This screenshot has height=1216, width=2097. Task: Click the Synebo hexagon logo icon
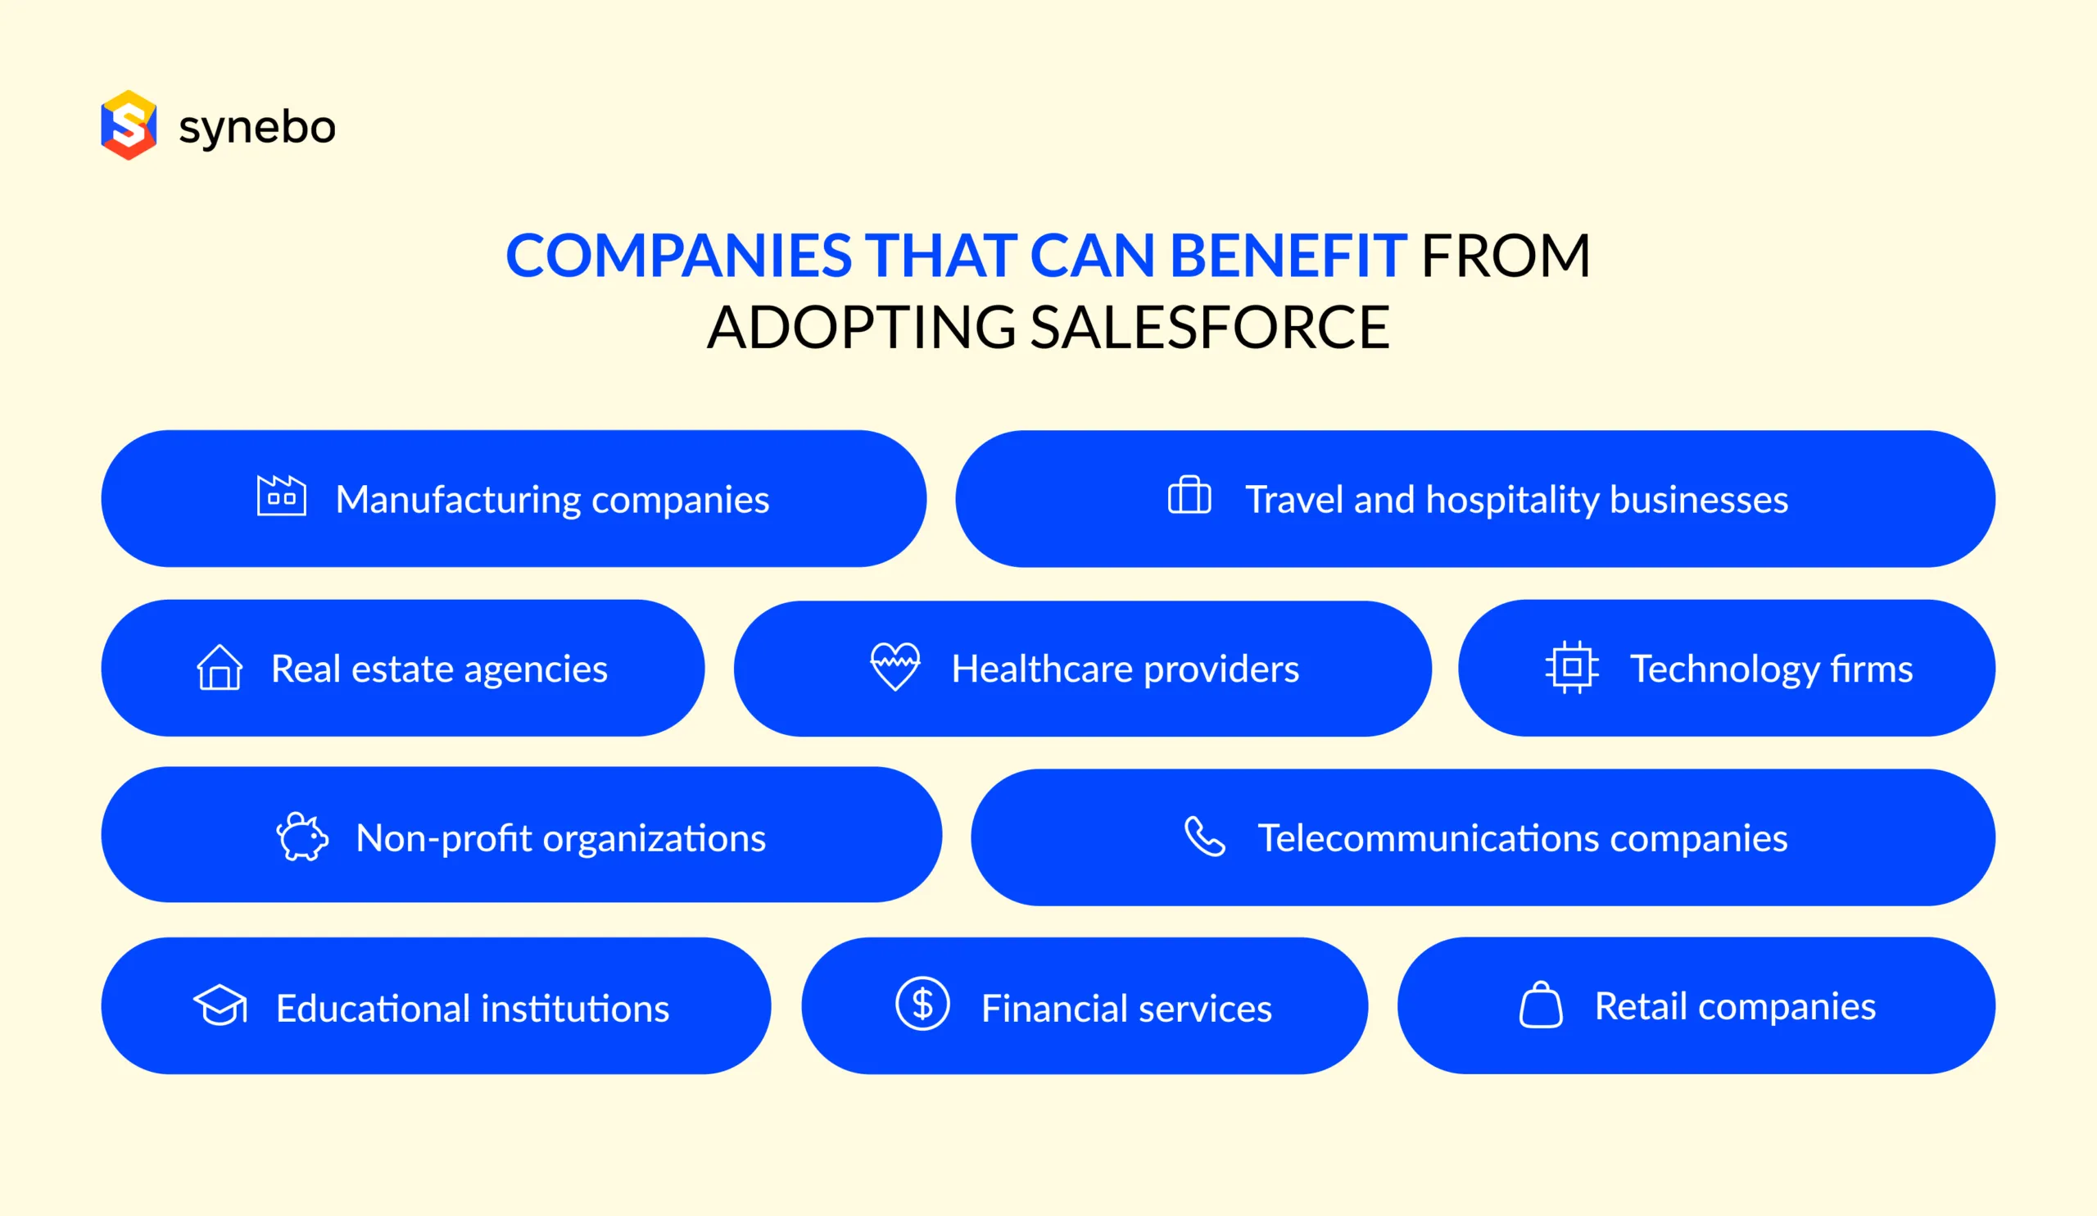pos(129,125)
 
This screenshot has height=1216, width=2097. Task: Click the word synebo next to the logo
pos(257,127)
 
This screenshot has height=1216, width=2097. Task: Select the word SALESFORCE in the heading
pos(1209,327)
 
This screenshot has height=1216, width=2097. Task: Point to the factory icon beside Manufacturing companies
pos(281,497)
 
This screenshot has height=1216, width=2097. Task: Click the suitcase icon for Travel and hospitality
pos(1189,496)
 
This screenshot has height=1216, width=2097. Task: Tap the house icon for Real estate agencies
pos(220,668)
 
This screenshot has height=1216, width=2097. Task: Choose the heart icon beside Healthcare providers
pos(895,667)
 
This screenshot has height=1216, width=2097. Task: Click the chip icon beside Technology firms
pos(1571,668)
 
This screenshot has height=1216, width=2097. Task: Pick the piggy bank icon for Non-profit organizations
pos(302,837)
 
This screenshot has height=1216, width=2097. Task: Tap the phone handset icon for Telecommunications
pos(1204,837)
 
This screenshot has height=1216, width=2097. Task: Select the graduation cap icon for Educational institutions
pos(220,1005)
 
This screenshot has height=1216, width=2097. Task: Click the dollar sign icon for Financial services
pos(922,1004)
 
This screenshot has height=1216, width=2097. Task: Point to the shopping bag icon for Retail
pos(1540,1005)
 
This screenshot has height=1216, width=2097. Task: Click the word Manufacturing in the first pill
pos(459,499)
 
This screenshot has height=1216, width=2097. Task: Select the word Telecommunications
pos(1428,838)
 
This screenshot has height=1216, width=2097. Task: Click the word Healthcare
pos(1043,669)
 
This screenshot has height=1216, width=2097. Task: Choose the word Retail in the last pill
pos(1640,1006)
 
